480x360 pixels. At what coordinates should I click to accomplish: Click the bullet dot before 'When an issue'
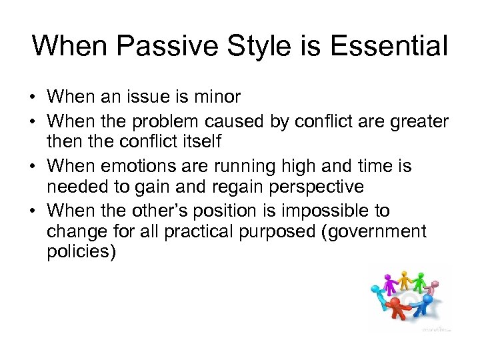pyautogui.click(x=33, y=97)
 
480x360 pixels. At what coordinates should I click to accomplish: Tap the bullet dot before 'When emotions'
pyautogui.click(x=33, y=165)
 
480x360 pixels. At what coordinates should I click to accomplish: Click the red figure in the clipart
pyautogui.click(x=397, y=309)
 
